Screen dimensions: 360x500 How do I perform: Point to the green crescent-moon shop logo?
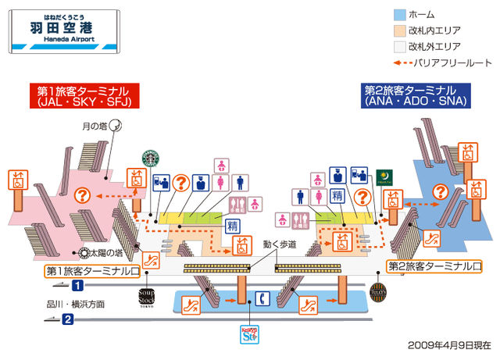pyautogui.click(x=383, y=177)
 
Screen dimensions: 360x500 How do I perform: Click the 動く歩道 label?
pyautogui.click(x=280, y=245)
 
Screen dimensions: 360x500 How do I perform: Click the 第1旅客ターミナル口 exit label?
pyautogui.click(x=92, y=271)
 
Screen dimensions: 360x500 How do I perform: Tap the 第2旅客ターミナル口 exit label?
pyautogui.click(x=434, y=266)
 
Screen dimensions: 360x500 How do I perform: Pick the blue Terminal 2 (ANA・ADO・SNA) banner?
pyautogui.click(x=415, y=96)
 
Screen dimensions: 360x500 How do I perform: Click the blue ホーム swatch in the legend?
pyautogui.click(x=398, y=14)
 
